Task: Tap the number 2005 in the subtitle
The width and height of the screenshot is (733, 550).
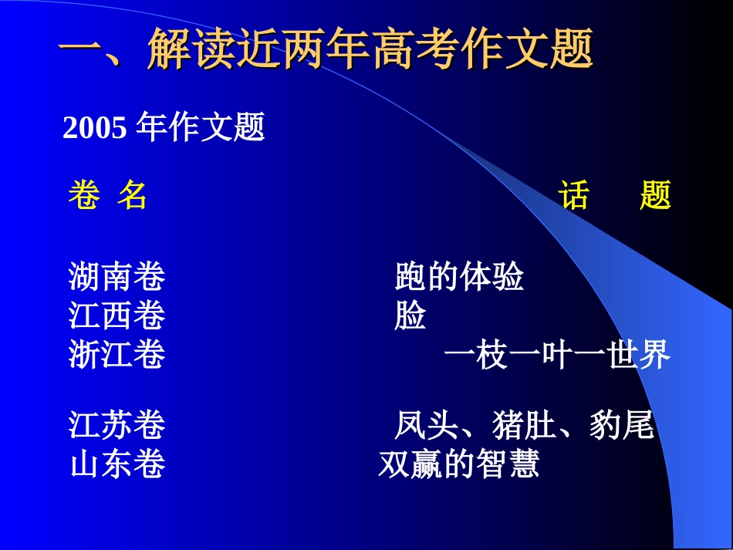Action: [94, 128]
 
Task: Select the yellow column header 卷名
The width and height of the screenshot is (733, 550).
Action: [107, 196]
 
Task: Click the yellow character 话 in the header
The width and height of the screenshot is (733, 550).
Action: [574, 196]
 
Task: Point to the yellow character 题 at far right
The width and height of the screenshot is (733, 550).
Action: [655, 196]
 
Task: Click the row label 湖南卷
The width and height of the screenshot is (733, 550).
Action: [117, 276]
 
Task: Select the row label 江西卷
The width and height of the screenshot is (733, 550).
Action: [117, 316]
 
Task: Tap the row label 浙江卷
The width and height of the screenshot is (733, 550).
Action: [117, 356]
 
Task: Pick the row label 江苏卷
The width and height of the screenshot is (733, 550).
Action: [117, 425]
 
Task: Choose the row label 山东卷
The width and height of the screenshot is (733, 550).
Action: [117, 464]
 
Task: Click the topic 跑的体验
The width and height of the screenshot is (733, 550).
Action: [459, 276]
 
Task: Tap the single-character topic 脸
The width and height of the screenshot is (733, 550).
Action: [410, 316]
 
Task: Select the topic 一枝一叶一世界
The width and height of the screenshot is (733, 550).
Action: [556, 356]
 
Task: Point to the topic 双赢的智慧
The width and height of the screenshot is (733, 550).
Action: [458, 464]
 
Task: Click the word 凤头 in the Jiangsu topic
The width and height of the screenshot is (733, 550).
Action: [427, 425]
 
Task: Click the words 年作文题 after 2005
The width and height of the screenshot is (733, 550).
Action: [201, 128]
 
